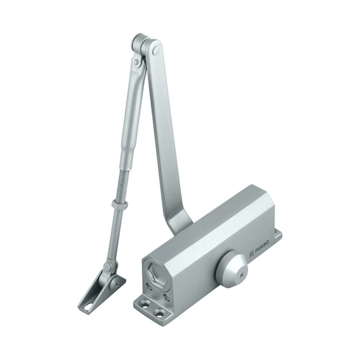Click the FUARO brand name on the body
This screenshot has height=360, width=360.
click(x=262, y=246)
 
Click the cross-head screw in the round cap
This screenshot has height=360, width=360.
click(x=241, y=275)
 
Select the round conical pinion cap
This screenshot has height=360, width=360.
click(x=232, y=268)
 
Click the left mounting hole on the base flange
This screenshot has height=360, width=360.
click(x=144, y=305)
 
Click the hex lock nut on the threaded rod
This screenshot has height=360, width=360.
click(x=120, y=203)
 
